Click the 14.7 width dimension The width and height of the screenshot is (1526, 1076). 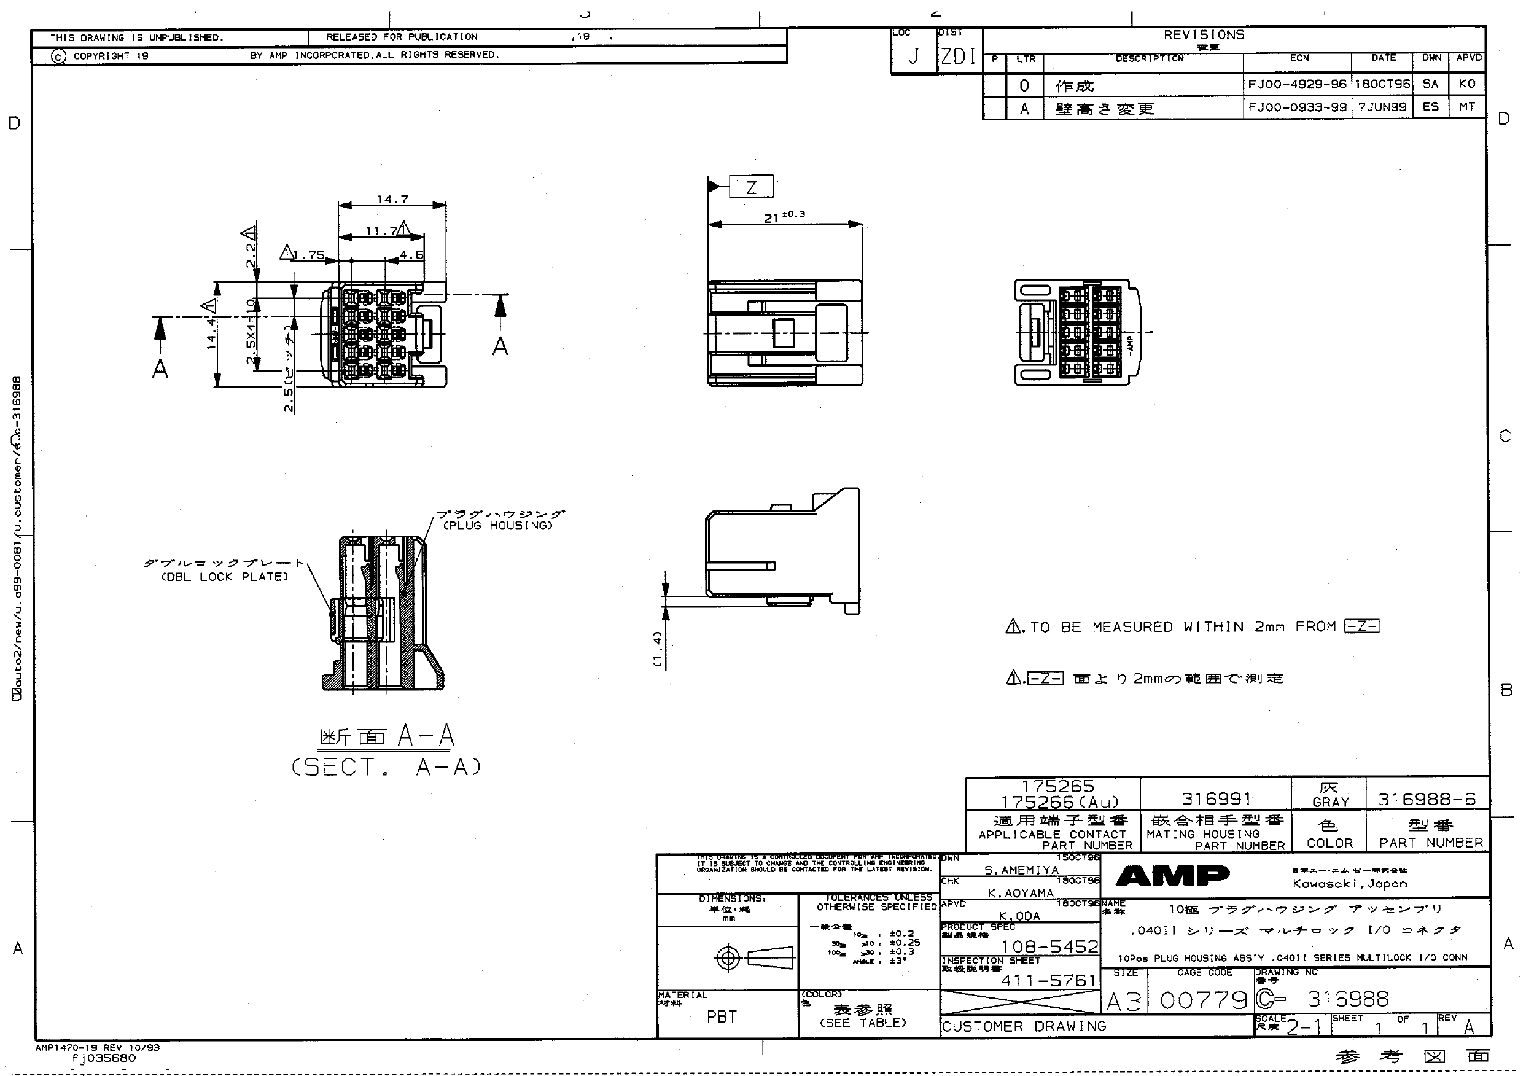[392, 199]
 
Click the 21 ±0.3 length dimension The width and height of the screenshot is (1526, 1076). [784, 216]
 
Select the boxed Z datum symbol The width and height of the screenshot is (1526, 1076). [751, 187]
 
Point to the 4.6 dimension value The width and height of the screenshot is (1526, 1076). [411, 254]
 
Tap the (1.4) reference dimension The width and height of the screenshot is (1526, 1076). [657, 649]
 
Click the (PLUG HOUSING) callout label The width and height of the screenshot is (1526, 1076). [499, 526]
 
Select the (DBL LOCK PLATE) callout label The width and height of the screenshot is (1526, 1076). [225, 577]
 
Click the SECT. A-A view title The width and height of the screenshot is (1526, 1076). [386, 767]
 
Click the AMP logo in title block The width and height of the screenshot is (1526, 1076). [1172, 876]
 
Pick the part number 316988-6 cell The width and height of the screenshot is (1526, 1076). [1427, 799]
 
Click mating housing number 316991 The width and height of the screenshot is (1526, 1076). [1216, 798]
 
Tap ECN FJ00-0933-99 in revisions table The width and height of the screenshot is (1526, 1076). [1297, 107]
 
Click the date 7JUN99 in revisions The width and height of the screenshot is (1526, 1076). [1382, 107]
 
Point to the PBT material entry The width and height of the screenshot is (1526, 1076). [721, 1016]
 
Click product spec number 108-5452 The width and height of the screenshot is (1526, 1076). [1049, 946]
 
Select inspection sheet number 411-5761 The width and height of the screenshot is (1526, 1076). [1048, 980]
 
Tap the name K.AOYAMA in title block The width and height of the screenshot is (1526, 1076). [1020, 892]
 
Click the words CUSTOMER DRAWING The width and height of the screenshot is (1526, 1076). [1024, 1026]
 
